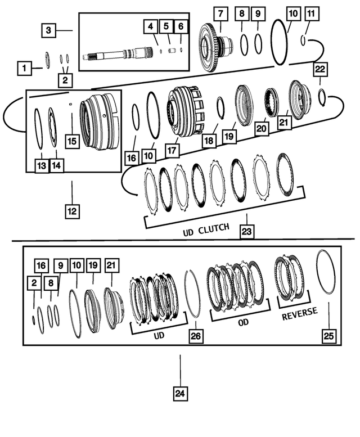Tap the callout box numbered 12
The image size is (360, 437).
(72, 211)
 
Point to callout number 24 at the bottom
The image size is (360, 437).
(180, 394)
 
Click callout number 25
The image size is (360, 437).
(328, 336)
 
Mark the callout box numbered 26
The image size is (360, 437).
(195, 336)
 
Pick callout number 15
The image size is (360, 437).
(72, 141)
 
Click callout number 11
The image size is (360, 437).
(311, 12)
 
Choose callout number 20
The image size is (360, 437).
(260, 128)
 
